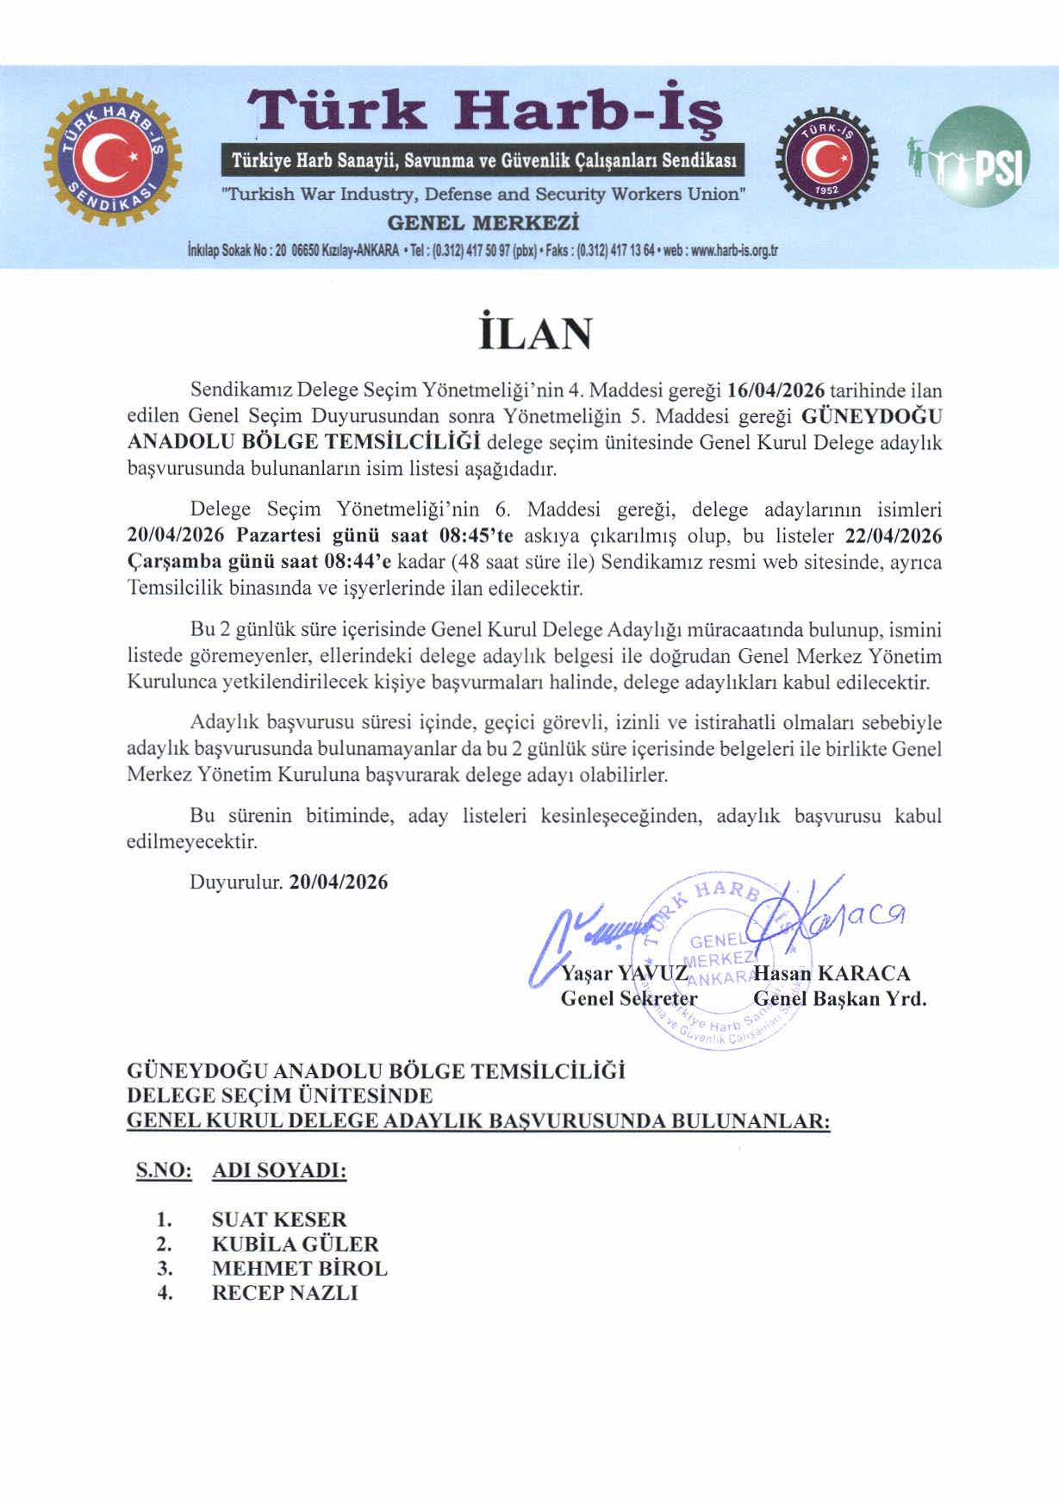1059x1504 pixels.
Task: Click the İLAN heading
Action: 535,333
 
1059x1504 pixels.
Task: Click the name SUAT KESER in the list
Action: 278,1220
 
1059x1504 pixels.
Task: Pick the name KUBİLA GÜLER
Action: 295,1244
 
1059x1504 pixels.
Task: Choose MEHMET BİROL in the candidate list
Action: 299,1269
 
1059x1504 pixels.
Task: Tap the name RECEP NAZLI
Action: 284,1293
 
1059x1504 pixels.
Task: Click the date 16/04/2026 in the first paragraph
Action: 776,390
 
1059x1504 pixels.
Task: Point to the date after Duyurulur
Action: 339,882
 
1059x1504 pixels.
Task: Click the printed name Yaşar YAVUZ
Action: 624,974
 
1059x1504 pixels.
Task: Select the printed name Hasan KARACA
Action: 832,974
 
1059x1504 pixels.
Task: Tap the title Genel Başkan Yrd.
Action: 839,999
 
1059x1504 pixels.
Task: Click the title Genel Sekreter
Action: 628,999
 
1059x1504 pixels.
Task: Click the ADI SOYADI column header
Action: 279,1171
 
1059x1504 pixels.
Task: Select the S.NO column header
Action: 164,1171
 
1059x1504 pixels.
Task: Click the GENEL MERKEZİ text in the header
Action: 483,223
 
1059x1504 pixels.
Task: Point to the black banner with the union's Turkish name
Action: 483,160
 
